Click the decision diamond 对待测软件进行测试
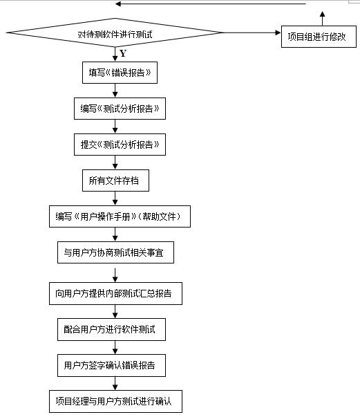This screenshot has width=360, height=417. click(x=115, y=34)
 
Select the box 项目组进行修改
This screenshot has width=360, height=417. click(x=317, y=36)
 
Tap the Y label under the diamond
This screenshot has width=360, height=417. click(x=123, y=54)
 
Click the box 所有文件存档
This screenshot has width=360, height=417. click(x=115, y=181)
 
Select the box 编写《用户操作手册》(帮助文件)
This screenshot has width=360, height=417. click(x=118, y=217)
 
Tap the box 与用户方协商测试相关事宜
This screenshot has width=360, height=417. click(x=115, y=253)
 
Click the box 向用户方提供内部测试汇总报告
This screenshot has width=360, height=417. click(x=115, y=293)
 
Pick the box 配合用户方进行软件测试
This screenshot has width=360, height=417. click(x=115, y=329)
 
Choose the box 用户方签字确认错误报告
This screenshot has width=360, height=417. click(x=115, y=365)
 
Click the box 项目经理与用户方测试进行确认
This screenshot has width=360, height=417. click(x=115, y=401)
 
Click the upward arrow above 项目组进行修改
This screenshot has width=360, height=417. click(x=322, y=18)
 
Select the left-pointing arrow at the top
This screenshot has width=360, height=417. click(x=207, y=3)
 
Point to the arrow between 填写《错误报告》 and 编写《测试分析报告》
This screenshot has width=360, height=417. click(x=115, y=90)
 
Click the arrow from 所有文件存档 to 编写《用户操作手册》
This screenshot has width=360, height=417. click(x=115, y=198)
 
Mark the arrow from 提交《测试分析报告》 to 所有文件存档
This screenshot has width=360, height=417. click(x=115, y=163)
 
